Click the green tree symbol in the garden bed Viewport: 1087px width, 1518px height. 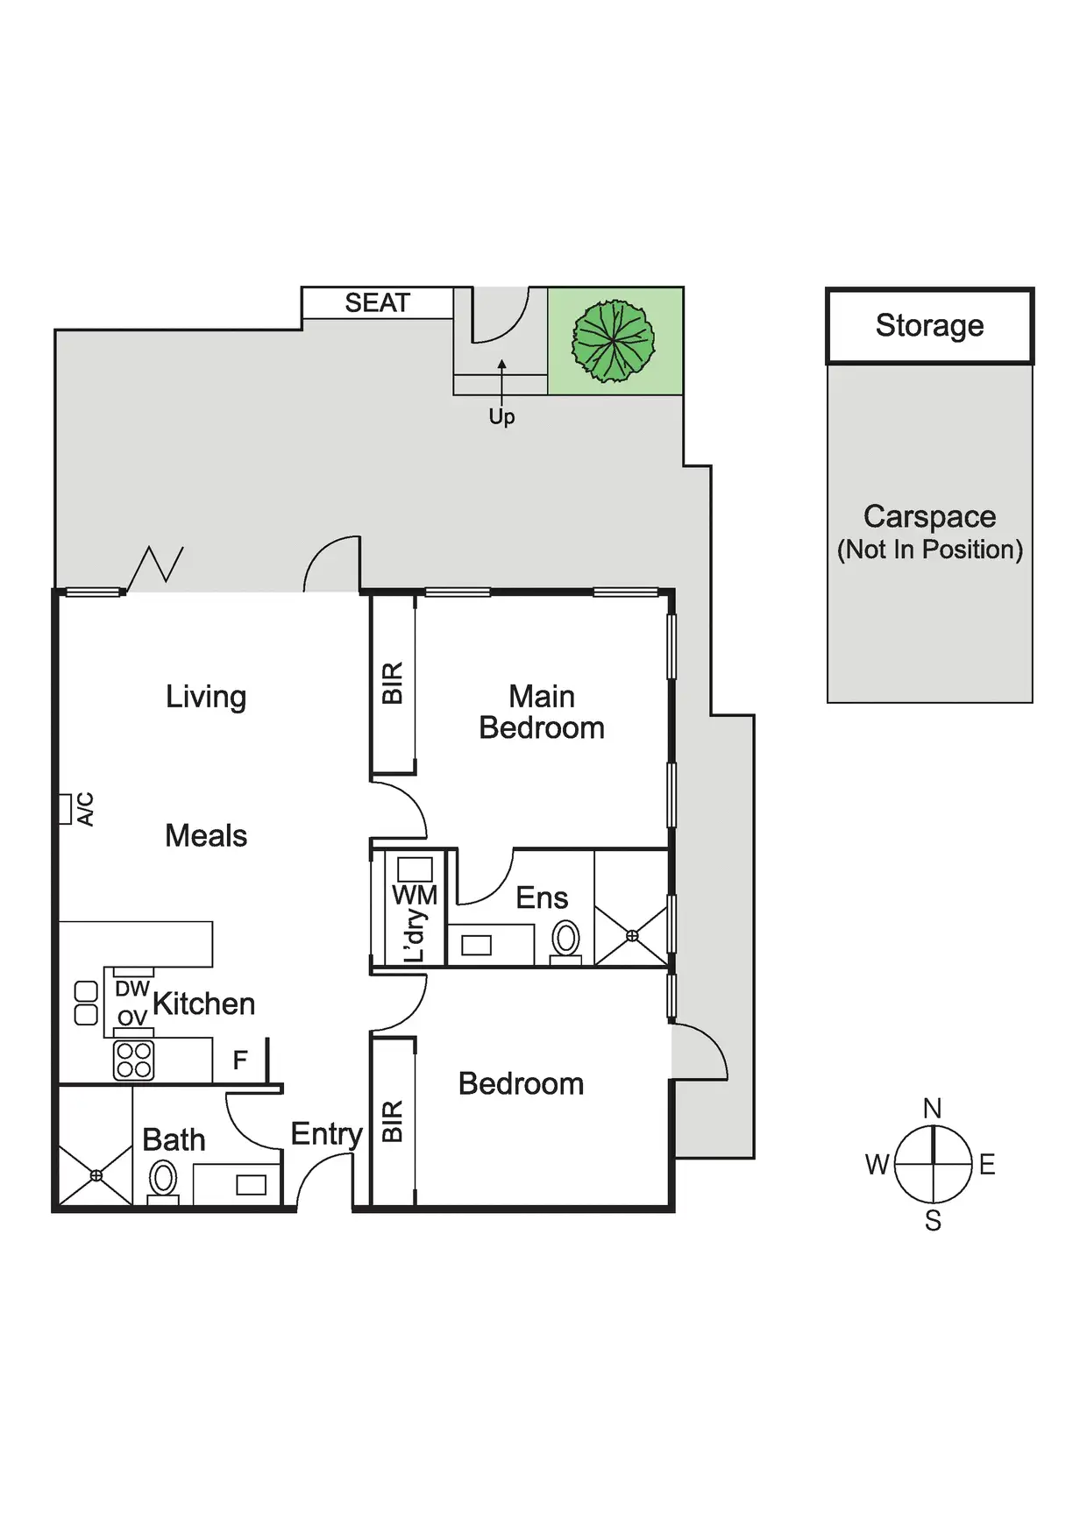tap(614, 341)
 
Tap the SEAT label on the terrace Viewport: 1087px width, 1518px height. tap(377, 303)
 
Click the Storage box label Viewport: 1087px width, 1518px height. tap(929, 325)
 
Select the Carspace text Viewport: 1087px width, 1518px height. tap(929, 516)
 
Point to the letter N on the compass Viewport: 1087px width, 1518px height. tap(933, 1109)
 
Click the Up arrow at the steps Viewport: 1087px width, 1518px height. tap(501, 386)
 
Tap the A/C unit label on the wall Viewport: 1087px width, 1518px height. tap(85, 809)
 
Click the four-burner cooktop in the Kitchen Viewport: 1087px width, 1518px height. tap(134, 1060)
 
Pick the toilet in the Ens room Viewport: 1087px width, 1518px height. tap(566, 940)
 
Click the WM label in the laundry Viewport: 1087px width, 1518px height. tap(415, 895)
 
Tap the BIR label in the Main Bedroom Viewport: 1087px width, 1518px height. tap(393, 683)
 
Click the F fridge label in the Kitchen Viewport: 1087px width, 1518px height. tap(240, 1060)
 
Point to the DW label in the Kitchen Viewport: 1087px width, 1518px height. tap(132, 989)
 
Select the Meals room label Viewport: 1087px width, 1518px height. tap(206, 836)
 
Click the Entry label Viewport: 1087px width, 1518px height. tap(326, 1134)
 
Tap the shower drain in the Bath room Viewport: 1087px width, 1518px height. tap(96, 1175)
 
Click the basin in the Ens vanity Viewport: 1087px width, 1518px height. tap(477, 945)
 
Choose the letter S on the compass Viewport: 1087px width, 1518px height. tap(933, 1221)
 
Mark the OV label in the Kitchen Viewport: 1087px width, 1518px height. tap(132, 1018)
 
